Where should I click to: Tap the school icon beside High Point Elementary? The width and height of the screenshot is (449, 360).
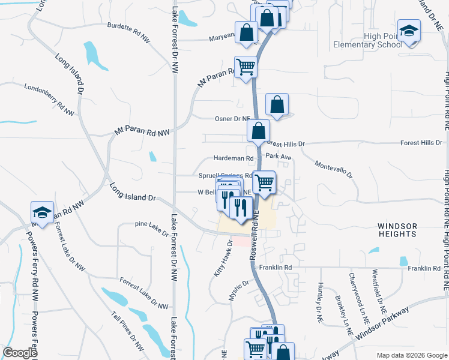tap(409, 31)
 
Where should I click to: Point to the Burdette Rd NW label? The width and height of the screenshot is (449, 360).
tap(128, 32)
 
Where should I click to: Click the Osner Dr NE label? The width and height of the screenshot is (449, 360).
tap(232, 119)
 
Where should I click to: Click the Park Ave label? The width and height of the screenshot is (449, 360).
tap(278, 157)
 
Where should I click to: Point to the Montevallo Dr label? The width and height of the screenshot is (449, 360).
tap(333, 168)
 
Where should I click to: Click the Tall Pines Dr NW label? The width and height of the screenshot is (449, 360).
tap(128, 331)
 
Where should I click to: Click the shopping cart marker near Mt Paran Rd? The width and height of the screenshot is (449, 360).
tap(246, 67)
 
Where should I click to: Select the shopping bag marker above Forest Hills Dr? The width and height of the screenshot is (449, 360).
tap(258, 130)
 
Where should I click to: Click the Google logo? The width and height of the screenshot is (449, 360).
tap(20, 353)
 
